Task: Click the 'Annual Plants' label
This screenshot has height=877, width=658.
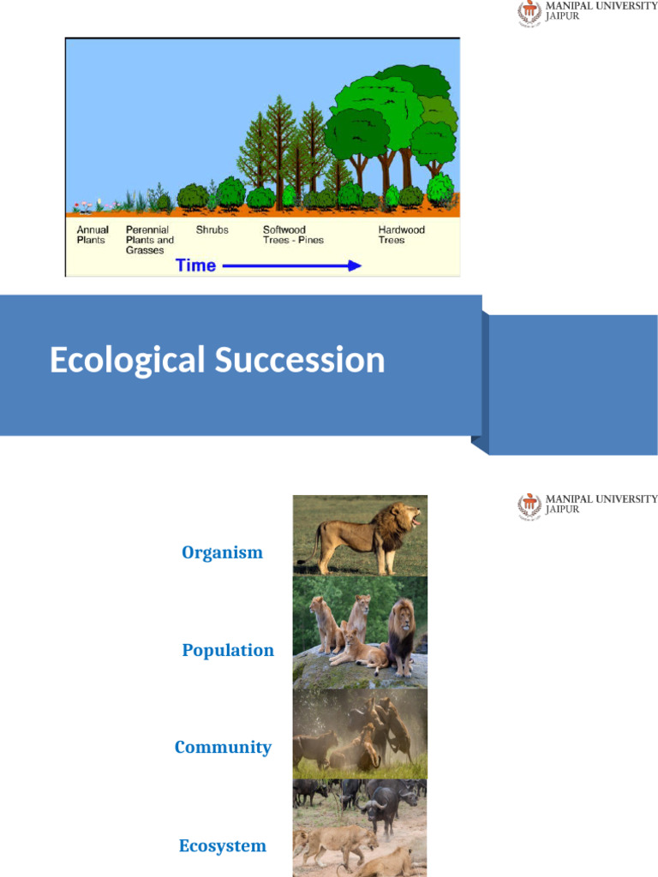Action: [93, 236]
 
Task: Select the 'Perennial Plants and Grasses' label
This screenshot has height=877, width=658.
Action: [149, 240]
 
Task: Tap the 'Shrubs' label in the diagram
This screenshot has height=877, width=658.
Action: [212, 230]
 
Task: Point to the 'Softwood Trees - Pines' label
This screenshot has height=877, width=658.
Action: [293, 236]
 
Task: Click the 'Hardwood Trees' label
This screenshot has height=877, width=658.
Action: [401, 236]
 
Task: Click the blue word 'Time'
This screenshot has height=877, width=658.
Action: [195, 265]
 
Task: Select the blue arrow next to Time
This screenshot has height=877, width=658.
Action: [291, 266]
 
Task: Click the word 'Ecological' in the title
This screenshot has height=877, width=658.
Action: [128, 361]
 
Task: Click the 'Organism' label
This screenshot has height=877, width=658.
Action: [222, 552]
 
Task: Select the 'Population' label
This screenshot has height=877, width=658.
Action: [228, 650]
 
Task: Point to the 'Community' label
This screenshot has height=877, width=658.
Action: [223, 747]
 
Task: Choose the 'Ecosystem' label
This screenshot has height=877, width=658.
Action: [222, 846]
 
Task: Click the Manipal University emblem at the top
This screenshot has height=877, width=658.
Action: [529, 13]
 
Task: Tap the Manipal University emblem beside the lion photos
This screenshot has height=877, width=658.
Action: [529, 506]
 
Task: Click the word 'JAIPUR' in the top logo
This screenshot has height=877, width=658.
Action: [563, 16]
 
